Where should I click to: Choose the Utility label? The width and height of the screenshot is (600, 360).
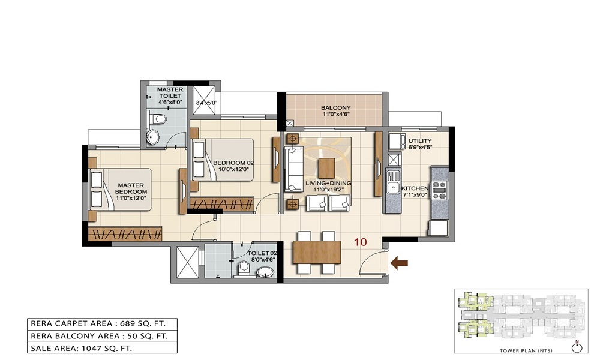pos(419,145)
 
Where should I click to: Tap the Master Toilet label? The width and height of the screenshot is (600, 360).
pos(170,96)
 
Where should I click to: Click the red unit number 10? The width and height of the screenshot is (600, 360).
pos(360,242)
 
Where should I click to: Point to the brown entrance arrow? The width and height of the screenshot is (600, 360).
pos(399,262)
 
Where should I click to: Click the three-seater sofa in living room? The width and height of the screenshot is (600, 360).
pos(293,167)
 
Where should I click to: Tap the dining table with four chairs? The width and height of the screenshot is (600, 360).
pos(316,253)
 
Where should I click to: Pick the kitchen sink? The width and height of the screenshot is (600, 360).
pos(394,182)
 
